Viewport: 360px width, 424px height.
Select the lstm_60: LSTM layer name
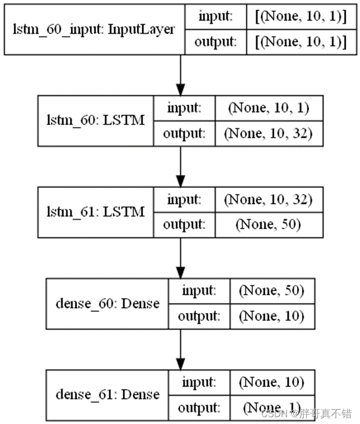coord(96,121)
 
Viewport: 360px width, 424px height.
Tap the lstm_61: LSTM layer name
coord(96,213)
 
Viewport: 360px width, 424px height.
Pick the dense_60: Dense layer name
coord(107,303)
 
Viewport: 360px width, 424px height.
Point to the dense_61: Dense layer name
coord(107,395)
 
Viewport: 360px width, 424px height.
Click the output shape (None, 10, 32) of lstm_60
coord(267,134)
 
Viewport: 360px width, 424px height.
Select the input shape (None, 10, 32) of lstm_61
coord(267,200)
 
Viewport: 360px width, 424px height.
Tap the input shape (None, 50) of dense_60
coord(272,291)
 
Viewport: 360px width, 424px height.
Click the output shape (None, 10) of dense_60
coord(272,316)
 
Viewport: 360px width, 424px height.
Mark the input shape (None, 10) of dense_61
coord(272,382)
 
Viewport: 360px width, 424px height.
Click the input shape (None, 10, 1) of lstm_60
coord(267,108)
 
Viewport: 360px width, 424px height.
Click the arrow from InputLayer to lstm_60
coord(181,74)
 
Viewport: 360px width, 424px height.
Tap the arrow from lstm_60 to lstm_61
coord(181,167)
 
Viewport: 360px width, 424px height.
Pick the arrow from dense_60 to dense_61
coord(181,349)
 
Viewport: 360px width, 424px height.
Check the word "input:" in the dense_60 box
coord(199,291)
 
